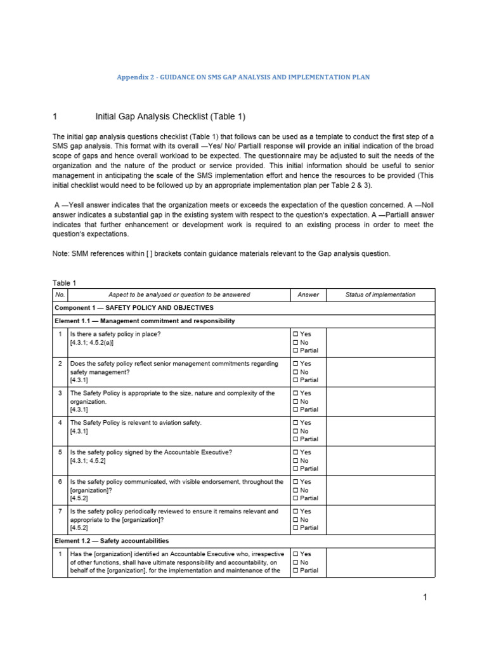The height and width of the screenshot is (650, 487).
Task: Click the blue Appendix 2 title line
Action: (x=243, y=77)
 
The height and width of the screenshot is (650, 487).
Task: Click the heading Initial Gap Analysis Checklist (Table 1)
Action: (x=170, y=116)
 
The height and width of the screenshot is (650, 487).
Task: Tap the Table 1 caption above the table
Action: (x=65, y=283)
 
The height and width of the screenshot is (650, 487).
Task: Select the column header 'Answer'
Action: (x=308, y=295)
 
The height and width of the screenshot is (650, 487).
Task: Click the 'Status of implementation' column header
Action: (x=380, y=295)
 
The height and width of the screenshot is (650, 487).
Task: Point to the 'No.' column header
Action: (x=60, y=295)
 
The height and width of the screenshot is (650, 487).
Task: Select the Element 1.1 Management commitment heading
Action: (x=145, y=321)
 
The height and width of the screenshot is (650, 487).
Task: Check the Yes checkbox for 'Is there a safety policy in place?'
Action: (x=295, y=334)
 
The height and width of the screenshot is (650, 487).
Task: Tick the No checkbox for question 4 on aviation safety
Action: (x=295, y=431)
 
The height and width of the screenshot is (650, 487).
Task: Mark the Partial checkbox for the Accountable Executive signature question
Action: (x=295, y=469)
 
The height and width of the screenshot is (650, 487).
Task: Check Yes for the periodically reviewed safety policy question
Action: (x=295, y=512)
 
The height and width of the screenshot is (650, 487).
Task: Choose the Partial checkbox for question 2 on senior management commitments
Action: (x=295, y=380)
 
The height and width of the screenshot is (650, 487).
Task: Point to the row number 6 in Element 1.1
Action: (x=60, y=482)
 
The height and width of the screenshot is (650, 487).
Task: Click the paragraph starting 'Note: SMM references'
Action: (x=221, y=253)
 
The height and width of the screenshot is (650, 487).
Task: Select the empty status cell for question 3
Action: (x=380, y=402)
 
